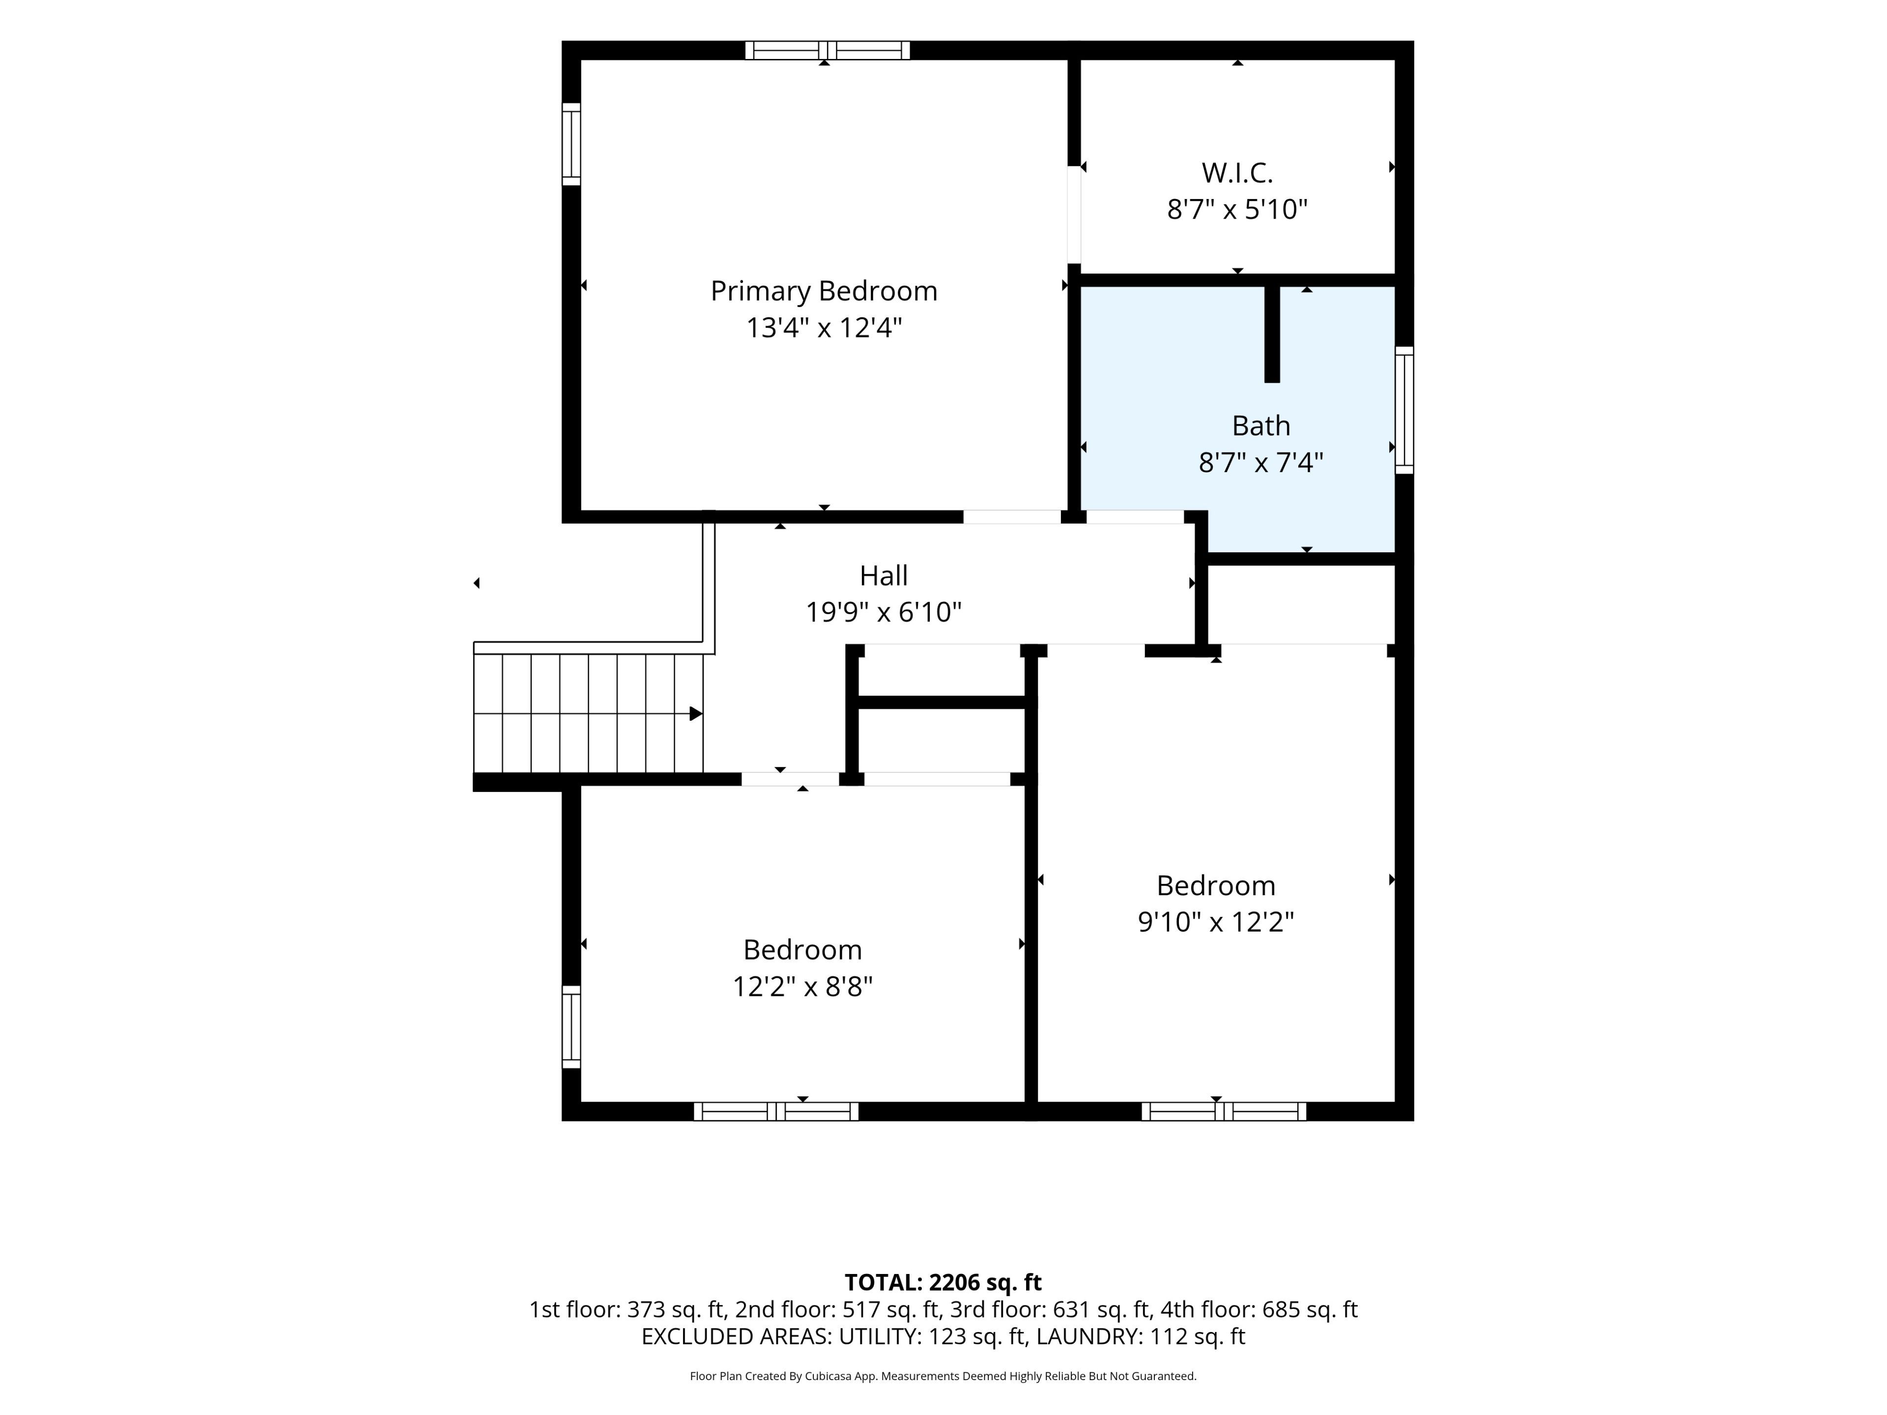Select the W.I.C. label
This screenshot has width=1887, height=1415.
point(1237,173)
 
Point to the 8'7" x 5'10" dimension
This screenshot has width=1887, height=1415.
point(1237,210)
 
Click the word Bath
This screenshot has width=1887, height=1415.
point(1261,425)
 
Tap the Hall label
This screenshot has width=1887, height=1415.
point(884,576)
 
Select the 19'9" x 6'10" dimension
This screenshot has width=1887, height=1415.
point(884,612)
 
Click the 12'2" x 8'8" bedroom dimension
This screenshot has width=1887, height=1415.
point(803,987)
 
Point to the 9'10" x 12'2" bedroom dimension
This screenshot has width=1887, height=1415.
point(1216,922)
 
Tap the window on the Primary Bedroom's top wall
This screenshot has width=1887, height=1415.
point(828,50)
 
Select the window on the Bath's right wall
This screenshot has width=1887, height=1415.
point(1404,410)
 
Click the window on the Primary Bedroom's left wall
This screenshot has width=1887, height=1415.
point(571,144)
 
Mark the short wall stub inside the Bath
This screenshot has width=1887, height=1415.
point(1272,334)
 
